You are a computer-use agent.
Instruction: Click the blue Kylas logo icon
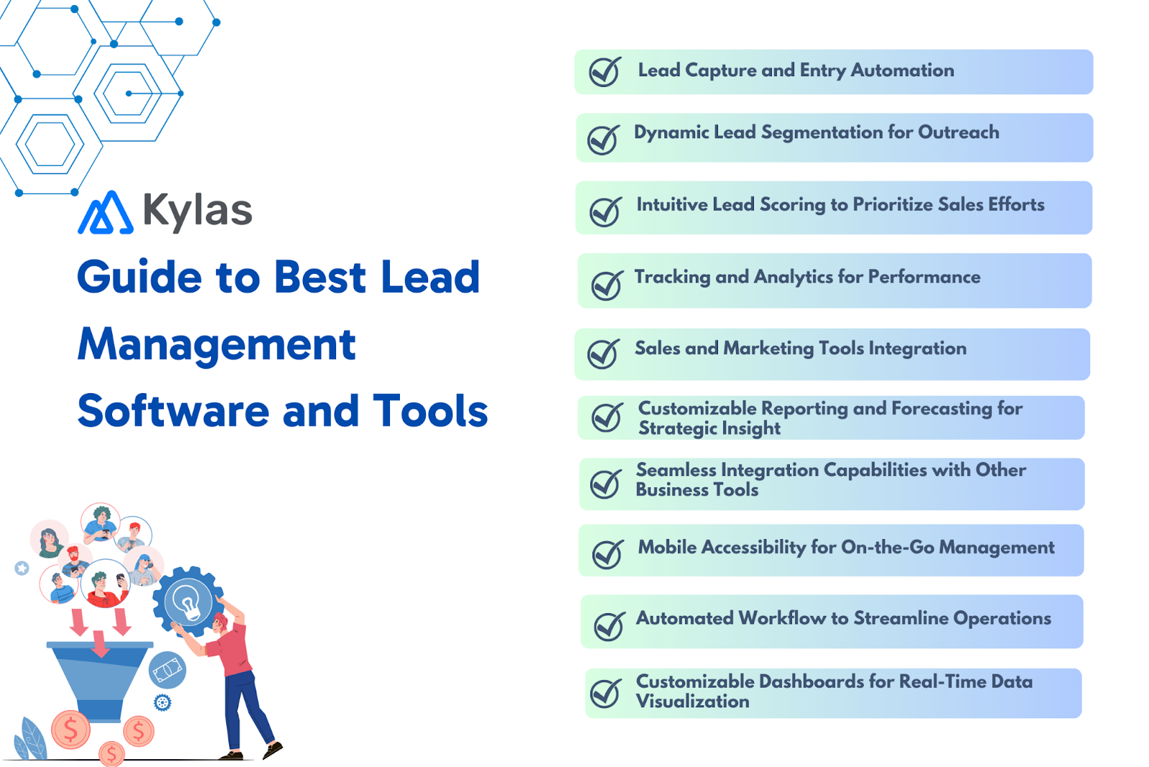click(x=105, y=213)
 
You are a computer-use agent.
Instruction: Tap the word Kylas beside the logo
click(x=197, y=211)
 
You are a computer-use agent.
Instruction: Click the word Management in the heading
click(x=216, y=344)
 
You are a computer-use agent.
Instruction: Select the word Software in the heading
click(x=172, y=411)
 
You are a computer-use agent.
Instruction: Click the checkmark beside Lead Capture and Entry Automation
click(x=605, y=71)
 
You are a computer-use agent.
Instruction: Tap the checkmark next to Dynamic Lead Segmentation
click(x=603, y=139)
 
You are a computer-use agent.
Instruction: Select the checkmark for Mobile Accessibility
click(x=608, y=554)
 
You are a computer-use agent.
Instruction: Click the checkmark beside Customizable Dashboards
click(x=605, y=693)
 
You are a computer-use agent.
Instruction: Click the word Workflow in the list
click(x=782, y=618)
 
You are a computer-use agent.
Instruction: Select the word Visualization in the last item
click(x=692, y=702)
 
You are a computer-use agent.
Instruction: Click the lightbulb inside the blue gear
click(x=188, y=602)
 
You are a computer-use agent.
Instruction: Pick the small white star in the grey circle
click(x=22, y=569)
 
